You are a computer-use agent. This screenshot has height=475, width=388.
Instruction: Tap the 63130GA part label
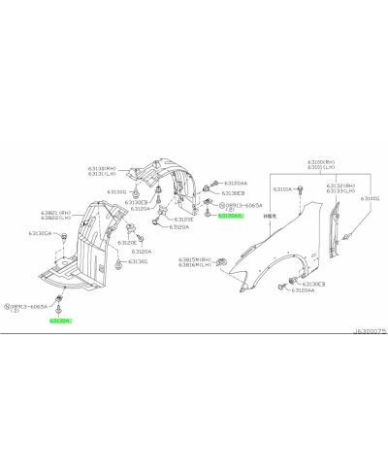pyautogui.click(x=40, y=233)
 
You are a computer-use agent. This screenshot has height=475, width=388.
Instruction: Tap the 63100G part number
pyautogui.click(x=371, y=198)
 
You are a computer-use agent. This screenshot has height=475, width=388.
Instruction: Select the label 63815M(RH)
pyautogui.click(x=196, y=260)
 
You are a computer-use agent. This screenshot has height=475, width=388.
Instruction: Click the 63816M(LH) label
pyautogui.click(x=196, y=266)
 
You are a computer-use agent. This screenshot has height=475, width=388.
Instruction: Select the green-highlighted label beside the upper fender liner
pyautogui.click(x=230, y=215)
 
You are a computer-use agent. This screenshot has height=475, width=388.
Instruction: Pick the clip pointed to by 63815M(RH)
pyautogui.click(x=221, y=262)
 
